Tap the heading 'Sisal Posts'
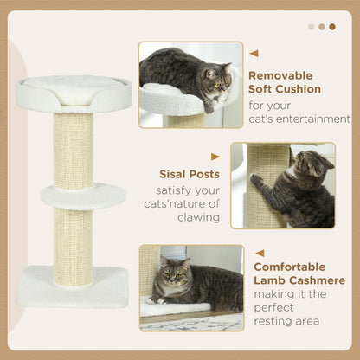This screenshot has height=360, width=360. (189, 174)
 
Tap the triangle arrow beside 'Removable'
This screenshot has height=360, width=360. (254, 54)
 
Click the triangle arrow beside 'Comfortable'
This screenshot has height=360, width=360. (259, 253)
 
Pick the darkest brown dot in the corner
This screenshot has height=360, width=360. (332, 26)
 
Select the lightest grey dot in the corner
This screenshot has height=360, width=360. (312, 26)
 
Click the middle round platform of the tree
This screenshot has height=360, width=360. (83, 196)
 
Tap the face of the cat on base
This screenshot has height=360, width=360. (170, 275)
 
